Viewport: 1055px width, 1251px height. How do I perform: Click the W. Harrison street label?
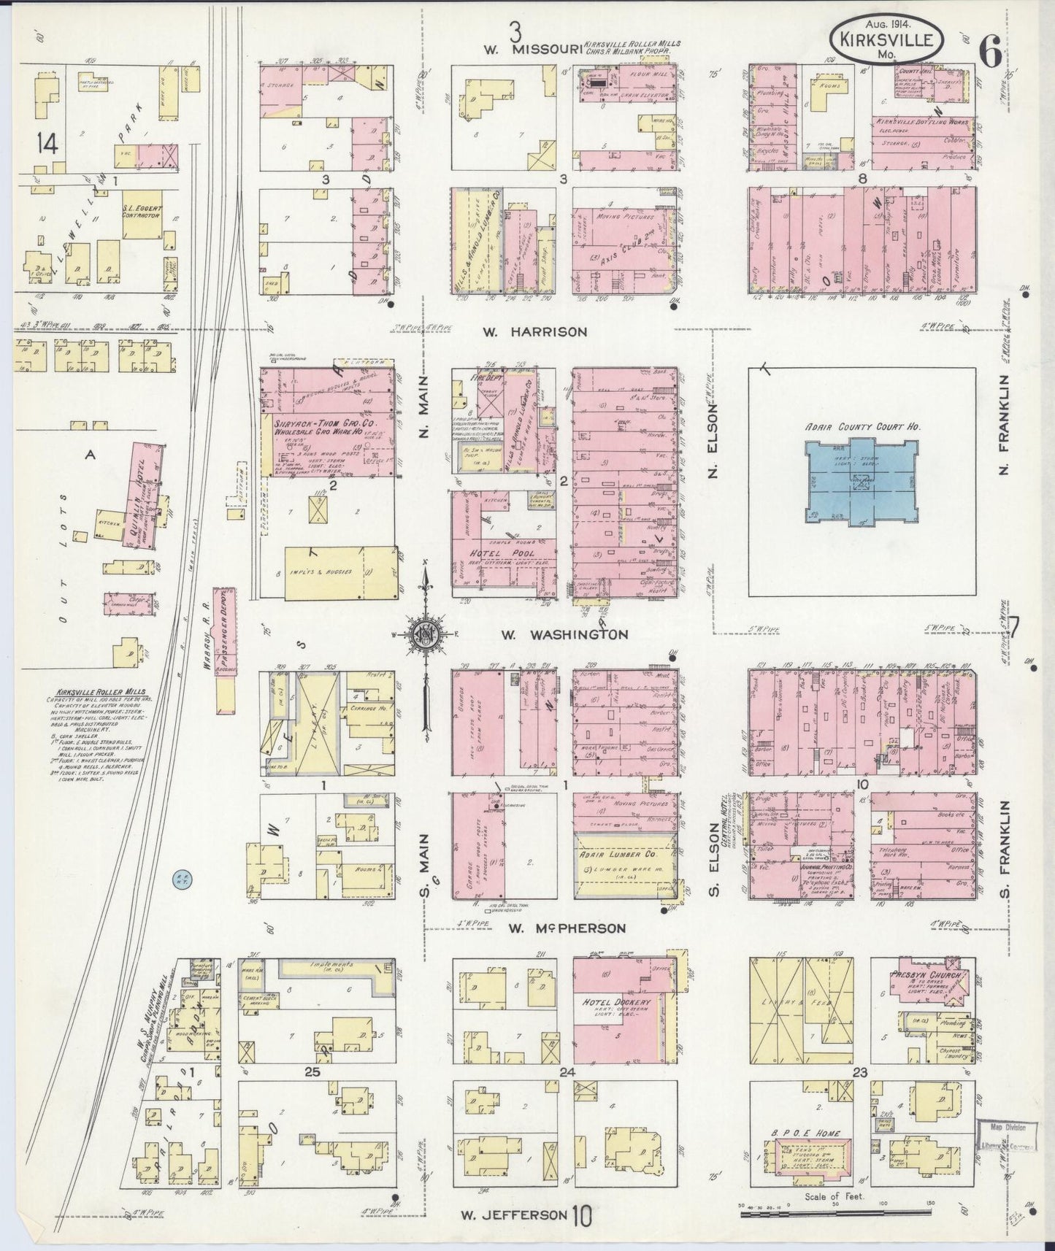pos(535,331)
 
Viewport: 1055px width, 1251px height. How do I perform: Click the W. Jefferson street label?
pos(514,1215)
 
